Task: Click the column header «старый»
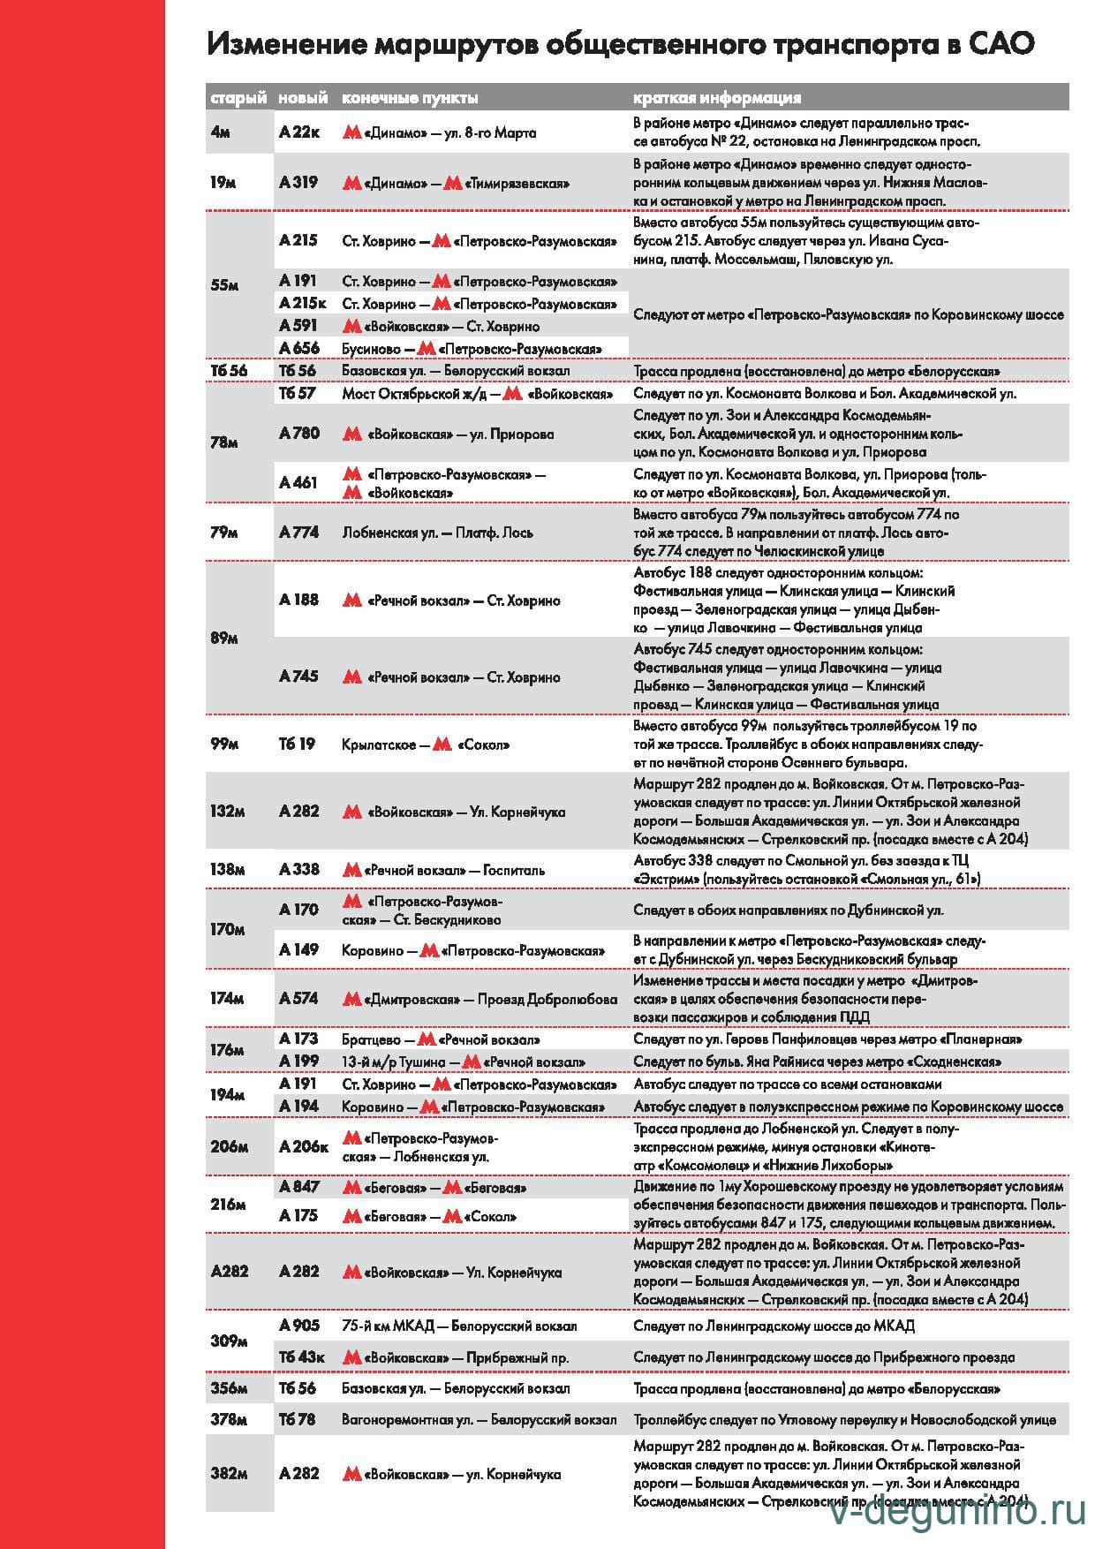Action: (238, 97)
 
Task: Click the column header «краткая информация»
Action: (717, 97)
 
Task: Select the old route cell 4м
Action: (221, 132)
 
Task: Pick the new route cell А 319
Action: (298, 183)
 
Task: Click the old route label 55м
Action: (224, 285)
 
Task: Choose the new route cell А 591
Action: (298, 326)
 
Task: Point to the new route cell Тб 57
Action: (297, 393)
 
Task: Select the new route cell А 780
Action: (299, 433)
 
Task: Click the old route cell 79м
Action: (223, 533)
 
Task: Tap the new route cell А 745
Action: (298, 676)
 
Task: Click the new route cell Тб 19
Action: (297, 744)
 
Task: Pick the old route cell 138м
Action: (227, 870)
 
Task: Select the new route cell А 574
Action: (298, 998)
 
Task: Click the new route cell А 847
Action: (298, 1186)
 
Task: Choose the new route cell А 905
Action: (298, 1325)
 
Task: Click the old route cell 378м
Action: (228, 1420)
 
